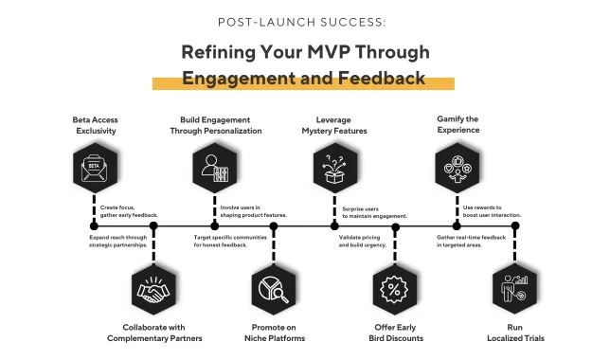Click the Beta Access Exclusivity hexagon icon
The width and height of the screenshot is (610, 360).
pyautogui.click(x=96, y=168)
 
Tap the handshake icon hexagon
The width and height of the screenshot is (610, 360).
pyautogui.click(x=153, y=290)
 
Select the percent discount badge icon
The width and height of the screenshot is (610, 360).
pyautogui.click(x=394, y=290)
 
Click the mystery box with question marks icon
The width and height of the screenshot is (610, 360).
pyautogui.click(x=335, y=168)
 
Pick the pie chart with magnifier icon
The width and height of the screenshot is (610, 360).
pyautogui.click(x=274, y=290)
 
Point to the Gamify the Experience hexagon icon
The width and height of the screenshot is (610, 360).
pyautogui.click(x=457, y=168)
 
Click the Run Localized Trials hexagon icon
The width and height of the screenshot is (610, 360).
pyautogui.click(x=514, y=290)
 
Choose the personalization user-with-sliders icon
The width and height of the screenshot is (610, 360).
pyautogui.click(x=215, y=168)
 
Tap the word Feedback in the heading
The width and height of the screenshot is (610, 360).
pyautogui.click(x=381, y=78)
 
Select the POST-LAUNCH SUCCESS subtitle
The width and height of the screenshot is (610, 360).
pyautogui.click(x=302, y=22)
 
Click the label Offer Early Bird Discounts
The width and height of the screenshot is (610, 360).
pyautogui.click(x=396, y=333)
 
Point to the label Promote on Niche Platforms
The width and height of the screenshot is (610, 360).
pyautogui.click(x=275, y=333)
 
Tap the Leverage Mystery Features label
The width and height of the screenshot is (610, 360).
pyautogui.click(x=334, y=125)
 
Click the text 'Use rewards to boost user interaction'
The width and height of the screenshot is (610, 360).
pyautogui.click(x=492, y=211)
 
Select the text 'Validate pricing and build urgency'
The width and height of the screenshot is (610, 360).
pyautogui.click(x=363, y=242)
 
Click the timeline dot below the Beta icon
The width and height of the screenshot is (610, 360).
pyautogui.click(x=94, y=225)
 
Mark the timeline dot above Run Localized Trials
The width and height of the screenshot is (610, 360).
pyautogui.click(x=515, y=225)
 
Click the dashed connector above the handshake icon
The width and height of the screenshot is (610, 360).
pyautogui.click(x=153, y=247)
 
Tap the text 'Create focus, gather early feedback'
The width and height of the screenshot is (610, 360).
pyautogui.click(x=129, y=211)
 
